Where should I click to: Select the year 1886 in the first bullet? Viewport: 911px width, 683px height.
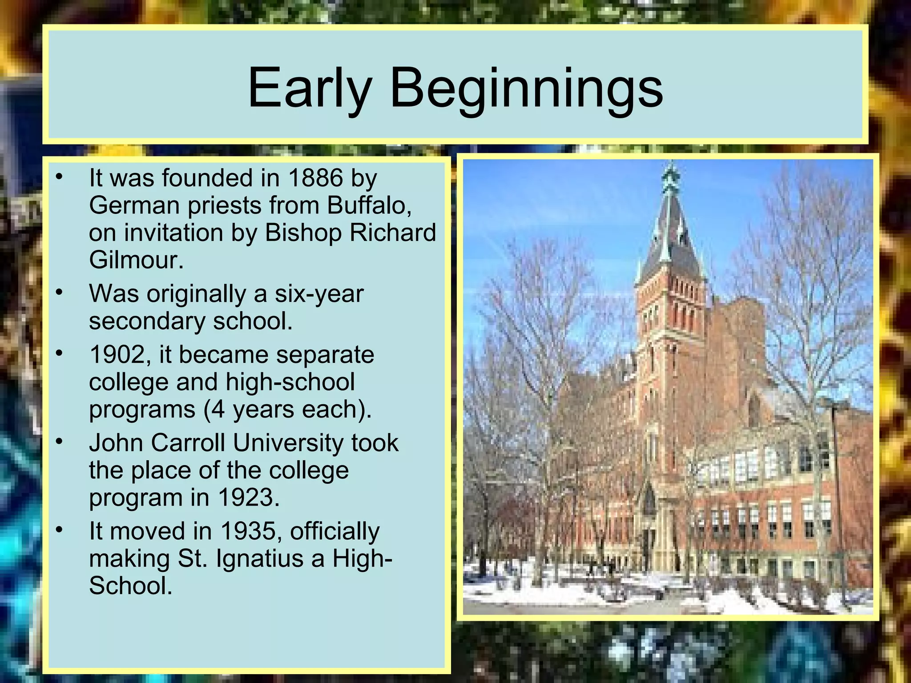pos(315,178)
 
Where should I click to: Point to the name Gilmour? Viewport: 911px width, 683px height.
pos(136,260)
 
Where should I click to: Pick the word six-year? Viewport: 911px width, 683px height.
pos(319,294)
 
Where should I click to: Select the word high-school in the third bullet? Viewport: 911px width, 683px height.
pos(290,382)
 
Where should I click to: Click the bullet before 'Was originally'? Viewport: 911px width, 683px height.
pos(60,293)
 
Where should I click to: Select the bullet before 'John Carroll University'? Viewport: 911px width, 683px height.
pos(60,442)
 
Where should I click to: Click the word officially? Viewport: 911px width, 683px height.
pos(335,531)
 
